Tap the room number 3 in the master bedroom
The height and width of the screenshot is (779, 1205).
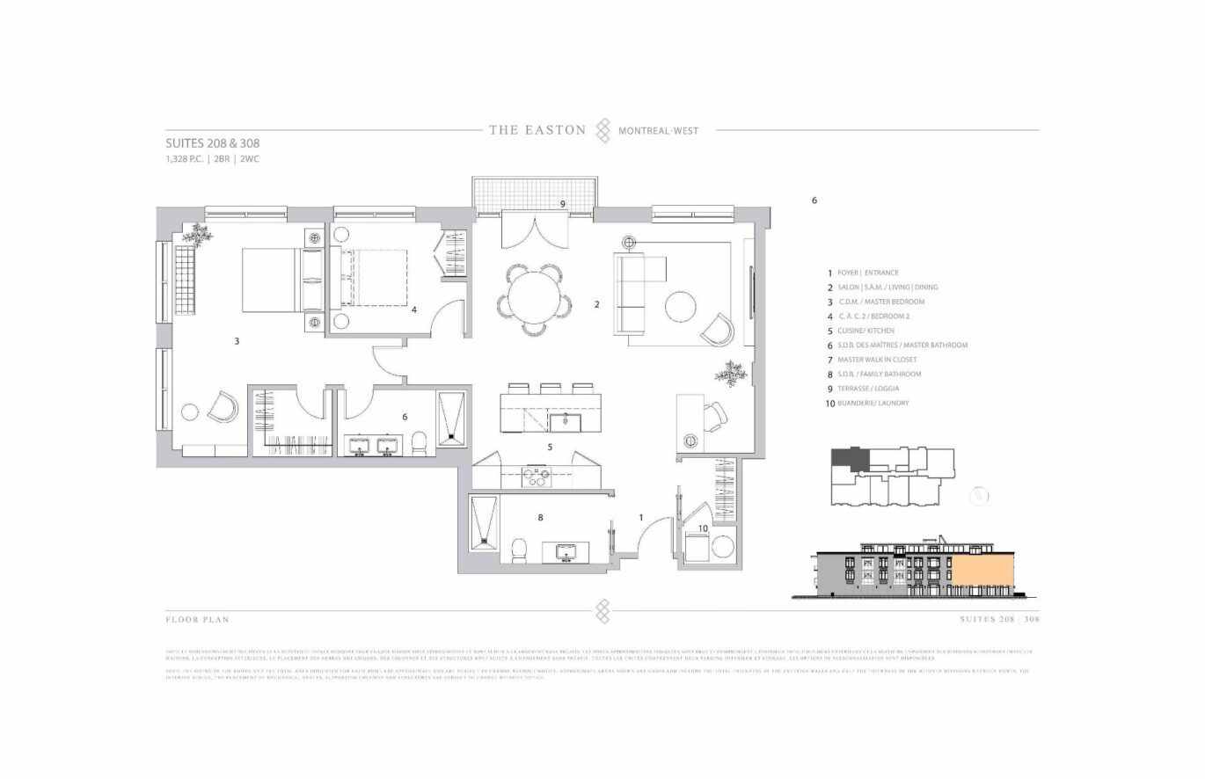tap(237, 340)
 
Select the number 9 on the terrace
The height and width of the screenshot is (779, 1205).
tap(562, 204)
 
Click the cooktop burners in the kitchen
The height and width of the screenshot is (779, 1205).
tap(536, 477)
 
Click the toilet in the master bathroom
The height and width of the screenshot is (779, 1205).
tap(420, 444)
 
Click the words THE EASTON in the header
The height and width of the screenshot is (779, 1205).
tap(537, 130)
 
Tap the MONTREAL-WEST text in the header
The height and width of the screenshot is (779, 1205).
tap(659, 131)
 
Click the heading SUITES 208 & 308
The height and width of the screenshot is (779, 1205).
tap(212, 143)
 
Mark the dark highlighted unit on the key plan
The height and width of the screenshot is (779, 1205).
tap(849, 458)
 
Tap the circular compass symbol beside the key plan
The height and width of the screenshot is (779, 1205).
tap(979, 496)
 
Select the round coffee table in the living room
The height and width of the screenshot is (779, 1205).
tap(680, 307)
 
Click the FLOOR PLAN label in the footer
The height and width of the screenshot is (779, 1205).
tap(197, 620)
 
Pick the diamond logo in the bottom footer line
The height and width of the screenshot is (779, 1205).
tap(602, 609)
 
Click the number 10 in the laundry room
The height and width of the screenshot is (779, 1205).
tap(703, 528)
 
